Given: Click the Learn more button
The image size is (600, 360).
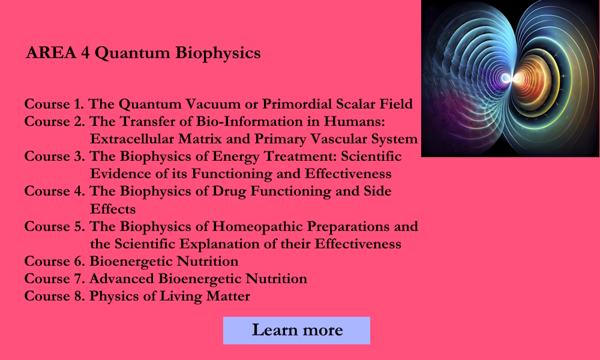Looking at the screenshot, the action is tap(296, 331).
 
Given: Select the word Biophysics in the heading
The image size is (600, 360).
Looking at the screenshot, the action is tap(218, 53).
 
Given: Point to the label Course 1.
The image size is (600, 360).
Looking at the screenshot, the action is tap(55, 104).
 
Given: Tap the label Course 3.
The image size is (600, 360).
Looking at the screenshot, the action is tap(55, 157).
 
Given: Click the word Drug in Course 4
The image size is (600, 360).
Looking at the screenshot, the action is tap(231, 191).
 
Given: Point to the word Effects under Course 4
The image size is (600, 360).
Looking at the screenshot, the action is tap(113, 209).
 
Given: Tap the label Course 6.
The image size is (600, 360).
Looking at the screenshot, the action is tap(55, 262).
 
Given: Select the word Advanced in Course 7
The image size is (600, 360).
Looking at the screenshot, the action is tap(122, 279).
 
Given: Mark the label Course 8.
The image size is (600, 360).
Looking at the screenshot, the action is tap(55, 296).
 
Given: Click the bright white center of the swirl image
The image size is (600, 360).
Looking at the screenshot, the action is tap(508, 79).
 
